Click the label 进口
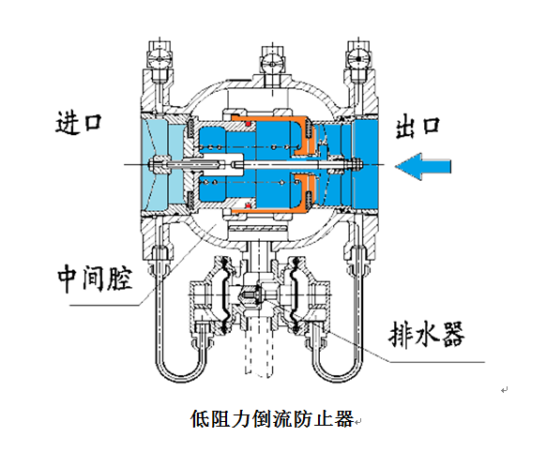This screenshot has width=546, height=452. point(79,123)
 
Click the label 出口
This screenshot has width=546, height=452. point(417,127)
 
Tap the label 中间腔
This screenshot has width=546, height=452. point(95,278)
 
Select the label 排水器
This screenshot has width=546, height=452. point(427,334)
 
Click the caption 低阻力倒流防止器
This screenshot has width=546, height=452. point(272,418)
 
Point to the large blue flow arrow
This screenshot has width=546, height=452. point(423,166)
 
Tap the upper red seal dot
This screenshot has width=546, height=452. point(249,124)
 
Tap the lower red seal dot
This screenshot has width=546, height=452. point(249,206)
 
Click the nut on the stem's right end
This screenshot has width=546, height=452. point(356,164)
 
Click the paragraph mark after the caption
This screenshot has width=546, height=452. point(358,421)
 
